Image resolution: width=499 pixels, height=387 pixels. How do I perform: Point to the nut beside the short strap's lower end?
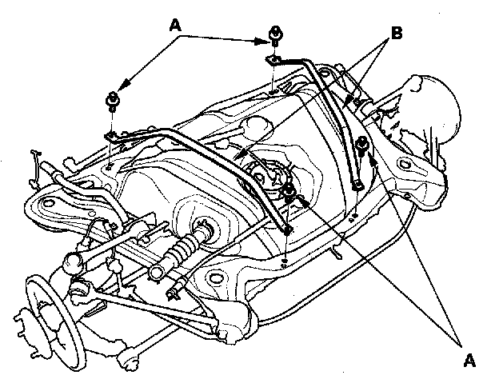coord(362,146)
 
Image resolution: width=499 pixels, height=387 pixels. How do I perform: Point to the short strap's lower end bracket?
coord(357,186)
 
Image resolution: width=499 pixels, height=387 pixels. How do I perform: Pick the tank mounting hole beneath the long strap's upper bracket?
coord(109,169)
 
